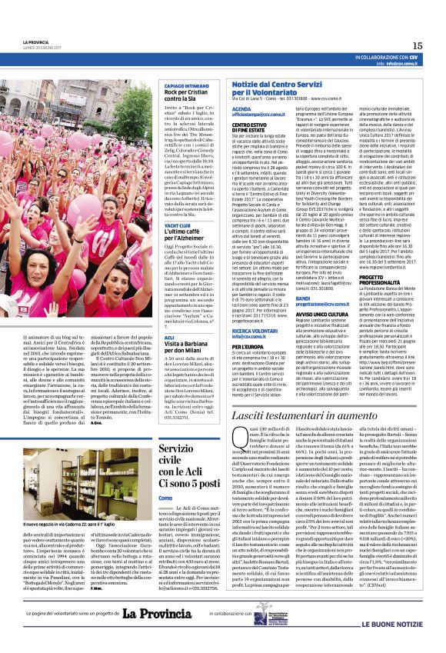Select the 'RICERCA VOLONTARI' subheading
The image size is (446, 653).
255,330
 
